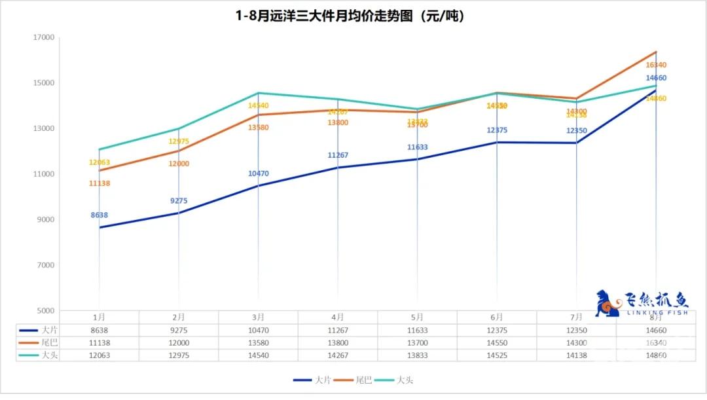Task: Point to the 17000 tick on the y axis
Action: [x=45, y=37]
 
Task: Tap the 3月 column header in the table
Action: [x=258, y=317]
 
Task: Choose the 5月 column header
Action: [x=417, y=317]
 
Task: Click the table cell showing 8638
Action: [x=99, y=330]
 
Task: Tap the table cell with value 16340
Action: [x=656, y=342]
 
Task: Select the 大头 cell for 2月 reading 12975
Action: [x=178, y=355]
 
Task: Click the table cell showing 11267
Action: [x=337, y=330]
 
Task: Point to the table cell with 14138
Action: [x=577, y=355]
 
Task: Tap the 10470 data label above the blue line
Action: [x=258, y=173]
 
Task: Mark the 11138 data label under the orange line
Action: [x=99, y=183]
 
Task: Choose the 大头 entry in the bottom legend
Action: [x=395, y=380]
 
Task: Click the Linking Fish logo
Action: [x=642, y=303]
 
